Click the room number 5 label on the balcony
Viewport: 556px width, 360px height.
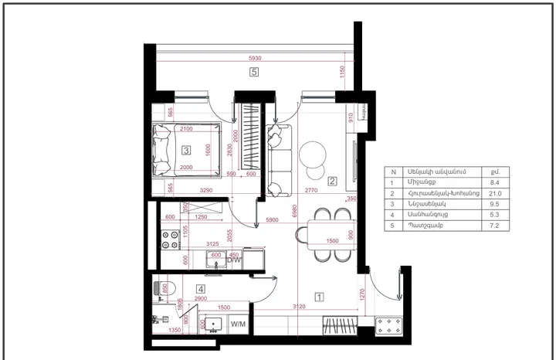[x=253, y=73]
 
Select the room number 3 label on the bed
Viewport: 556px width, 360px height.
[x=186, y=151]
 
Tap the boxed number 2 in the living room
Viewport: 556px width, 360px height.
[x=332, y=182]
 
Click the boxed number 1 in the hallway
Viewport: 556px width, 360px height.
[x=318, y=295]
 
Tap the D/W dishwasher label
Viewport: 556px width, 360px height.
[x=235, y=261]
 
